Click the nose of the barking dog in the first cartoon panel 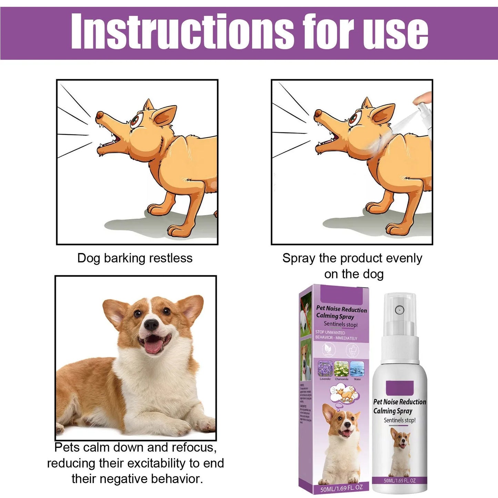pyautogui.click(x=99, y=115)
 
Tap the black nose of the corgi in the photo pyautogui.click(x=151, y=324)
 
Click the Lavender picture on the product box pyautogui.click(x=325, y=369)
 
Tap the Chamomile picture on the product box pyautogui.click(x=341, y=369)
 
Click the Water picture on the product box pyautogui.click(x=357, y=369)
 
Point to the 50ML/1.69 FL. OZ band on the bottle pyautogui.click(x=399, y=480)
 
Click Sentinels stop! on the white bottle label pyautogui.click(x=400, y=420)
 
